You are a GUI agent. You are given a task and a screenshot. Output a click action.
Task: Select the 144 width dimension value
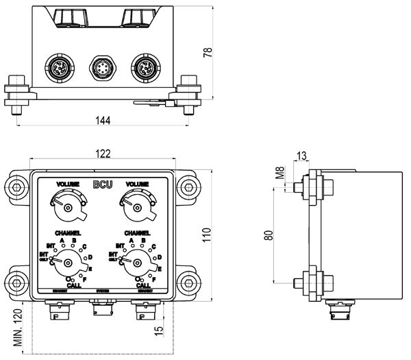pos(102,120)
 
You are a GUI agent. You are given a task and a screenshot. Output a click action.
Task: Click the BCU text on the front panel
pos(103,184)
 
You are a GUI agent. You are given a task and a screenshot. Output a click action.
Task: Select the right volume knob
pos(137,206)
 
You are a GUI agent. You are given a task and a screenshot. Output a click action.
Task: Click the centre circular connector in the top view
pos(102,69)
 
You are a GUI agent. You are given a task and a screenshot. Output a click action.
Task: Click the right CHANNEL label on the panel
pos(137,234)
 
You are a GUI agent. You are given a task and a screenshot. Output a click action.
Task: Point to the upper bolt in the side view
pos(308,186)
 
